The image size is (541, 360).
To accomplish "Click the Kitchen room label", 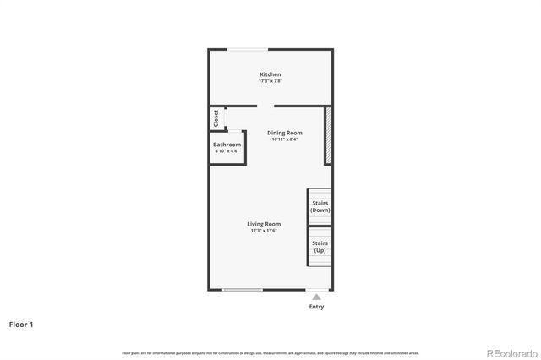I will pos(270,74).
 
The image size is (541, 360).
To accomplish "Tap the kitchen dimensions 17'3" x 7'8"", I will pos(270,81).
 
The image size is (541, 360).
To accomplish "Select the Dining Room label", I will pos(284,133).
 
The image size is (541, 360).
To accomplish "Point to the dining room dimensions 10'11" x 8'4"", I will pos(284,139).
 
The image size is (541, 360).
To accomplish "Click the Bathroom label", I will pos(227,145).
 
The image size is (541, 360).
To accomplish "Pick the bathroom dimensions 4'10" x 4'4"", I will pos(227,151).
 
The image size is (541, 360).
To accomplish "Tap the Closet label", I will pos(216,117).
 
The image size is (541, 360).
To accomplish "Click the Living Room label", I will pos(264,224).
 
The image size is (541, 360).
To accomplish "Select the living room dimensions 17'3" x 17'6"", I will pos(264,231).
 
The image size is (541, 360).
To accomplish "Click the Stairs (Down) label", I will pos(320,206).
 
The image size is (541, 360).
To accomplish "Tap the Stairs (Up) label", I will pos(320,247).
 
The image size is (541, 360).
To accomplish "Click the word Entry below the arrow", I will pos(316,307).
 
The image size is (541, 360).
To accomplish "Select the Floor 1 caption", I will pos(22,324).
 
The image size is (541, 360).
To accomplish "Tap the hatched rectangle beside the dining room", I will pos(328,134).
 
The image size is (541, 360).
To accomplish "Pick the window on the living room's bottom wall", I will pos(243,292).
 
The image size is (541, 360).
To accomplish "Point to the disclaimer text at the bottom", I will pos(270,352).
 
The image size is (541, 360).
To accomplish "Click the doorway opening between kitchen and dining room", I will pos(265,106).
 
